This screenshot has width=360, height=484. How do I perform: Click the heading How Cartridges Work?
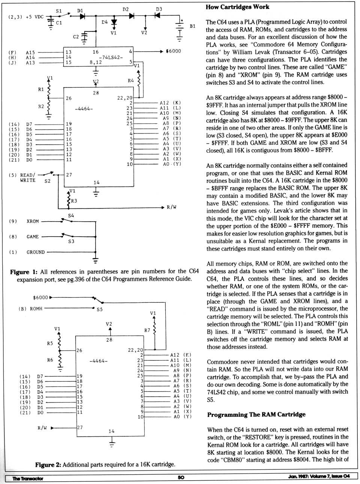pyautogui.click(x=237, y=7)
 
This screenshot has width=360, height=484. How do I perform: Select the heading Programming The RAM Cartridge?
pyautogui.click(x=256, y=414)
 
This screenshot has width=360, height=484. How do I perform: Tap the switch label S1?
pyautogui.click(x=58, y=11)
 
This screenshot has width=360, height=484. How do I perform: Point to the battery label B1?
pyautogui.click(x=192, y=26)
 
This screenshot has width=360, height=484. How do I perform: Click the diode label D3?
pyautogui.click(x=159, y=9)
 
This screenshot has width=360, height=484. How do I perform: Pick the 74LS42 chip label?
pyautogui.click(x=111, y=57)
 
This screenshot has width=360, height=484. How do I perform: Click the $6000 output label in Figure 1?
pyautogui.click(x=173, y=51)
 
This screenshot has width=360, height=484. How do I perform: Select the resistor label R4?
pyautogui.click(x=130, y=81)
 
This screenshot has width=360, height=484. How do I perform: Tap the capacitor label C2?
pyautogui.click(x=76, y=37)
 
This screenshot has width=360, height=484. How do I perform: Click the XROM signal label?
pyautogui.click(x=33, y=221)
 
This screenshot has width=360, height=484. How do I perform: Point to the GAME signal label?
pyautogui.click(x=33, y=237)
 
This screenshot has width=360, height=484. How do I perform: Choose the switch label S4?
pyautogui.click(x=71, y=216)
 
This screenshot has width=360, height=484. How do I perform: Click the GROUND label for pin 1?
pyautogui.click(x=36, y=252)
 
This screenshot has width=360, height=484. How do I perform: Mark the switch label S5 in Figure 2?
pyautogui.click(x=99, y=310)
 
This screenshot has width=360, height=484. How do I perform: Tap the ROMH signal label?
pyautogui.click(x=36, y=309)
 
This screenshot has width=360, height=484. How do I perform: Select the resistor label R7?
pyautogui.click(x=147, y=330)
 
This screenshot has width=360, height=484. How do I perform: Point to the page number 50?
pyautogui.click(x=181, y=477)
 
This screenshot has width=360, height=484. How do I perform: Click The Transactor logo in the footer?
pyautogui.click(x=28, y=478)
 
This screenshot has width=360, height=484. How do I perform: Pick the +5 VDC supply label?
pyautogui.click(x=34, y=17)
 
